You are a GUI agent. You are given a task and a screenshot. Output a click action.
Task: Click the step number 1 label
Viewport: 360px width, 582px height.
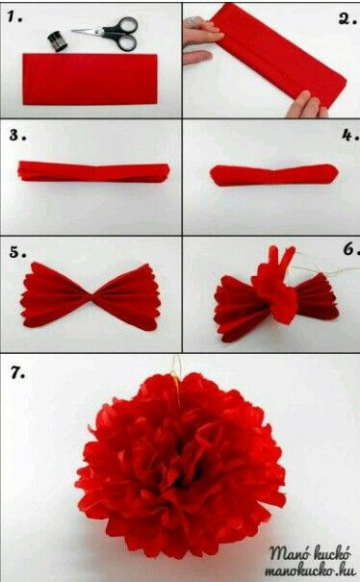(x=13, y=15)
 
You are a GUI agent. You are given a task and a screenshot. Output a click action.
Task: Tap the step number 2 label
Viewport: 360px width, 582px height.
(x=344, y=16)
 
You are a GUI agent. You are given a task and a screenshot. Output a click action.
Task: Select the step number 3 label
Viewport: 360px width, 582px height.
(x=16, y=134)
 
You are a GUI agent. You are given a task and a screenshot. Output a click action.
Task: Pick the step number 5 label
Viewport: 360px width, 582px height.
(x=14, y=252)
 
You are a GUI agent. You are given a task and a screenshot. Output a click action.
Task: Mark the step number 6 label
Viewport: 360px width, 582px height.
(x=347, y=250)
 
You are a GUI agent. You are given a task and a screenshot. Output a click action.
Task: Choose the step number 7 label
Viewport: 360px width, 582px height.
(x=14, y=370)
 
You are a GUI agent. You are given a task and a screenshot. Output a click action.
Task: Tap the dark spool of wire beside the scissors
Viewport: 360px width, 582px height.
(x=56, y=40)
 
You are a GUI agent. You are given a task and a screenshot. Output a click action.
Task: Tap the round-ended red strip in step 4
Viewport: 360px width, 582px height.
(x=272, y=174)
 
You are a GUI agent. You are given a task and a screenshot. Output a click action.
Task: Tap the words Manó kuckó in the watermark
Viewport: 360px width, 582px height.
(x=307, y=553)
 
